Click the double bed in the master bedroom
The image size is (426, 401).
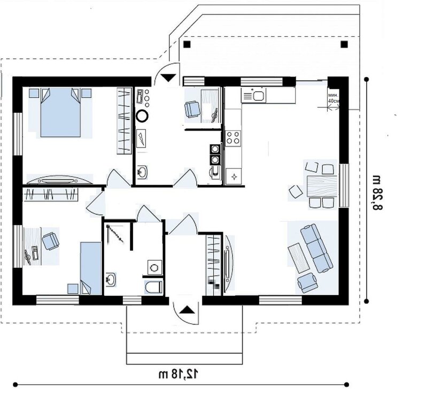(x=60, y=112)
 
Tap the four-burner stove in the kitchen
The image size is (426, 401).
(x=234, y=137)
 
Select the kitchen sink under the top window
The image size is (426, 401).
(x=253, y=95)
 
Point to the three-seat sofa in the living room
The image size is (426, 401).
(x=316, y=248)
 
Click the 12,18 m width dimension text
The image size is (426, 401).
(x=178, y=374)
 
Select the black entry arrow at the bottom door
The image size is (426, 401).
(x=187, y=310)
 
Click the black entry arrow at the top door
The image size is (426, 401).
(x=169, y=78)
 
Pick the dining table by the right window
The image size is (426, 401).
(x=322, y=187)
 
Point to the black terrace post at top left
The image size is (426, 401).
(x=187, y=44)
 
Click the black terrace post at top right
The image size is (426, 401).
(x=344, y=44)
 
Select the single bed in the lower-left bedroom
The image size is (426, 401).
(x=91, y=268)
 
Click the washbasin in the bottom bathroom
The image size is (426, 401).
(x=111, y=279)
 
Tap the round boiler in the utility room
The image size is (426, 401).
(x=142, y=116)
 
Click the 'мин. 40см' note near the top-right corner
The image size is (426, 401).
(x=334, y=98)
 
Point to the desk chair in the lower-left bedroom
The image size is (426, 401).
(x=51, y=241)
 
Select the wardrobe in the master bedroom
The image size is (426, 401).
(x=124, y=121)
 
